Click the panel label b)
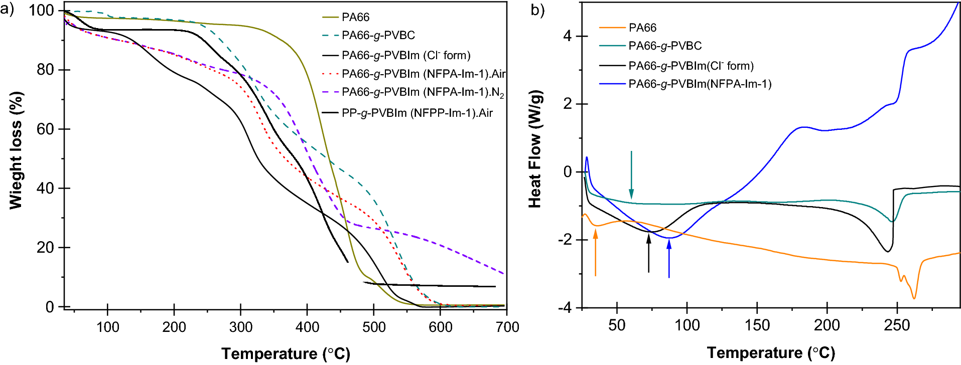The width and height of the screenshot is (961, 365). coord(537,10)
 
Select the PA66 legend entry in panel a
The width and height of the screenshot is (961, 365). coord(355,17)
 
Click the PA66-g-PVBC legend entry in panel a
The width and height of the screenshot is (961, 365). coord(378,36)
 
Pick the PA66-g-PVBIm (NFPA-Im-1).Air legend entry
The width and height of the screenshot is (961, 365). coord(423,74)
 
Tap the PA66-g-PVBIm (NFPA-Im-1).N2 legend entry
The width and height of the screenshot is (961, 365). coord(423,92)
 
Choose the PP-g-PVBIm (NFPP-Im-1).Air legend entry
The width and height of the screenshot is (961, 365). coord(417,113)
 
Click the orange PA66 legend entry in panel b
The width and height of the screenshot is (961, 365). coord(642,28)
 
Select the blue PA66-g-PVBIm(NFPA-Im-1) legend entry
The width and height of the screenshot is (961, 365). coord(700,84)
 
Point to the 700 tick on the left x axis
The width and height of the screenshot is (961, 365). coord(507,327)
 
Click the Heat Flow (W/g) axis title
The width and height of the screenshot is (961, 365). coord(535,149)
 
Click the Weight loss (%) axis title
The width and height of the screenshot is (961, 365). coord(16,150)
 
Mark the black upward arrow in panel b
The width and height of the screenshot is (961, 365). coord(648,253)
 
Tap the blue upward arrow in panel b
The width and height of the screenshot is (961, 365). coord(669,258)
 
